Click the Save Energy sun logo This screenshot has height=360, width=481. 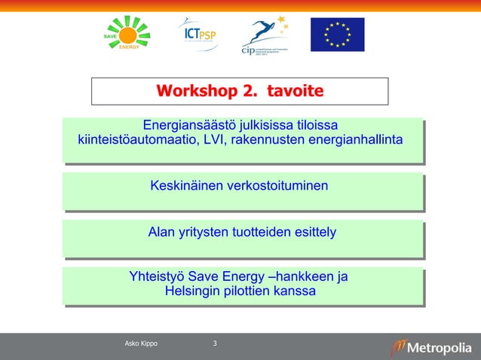pyautogui.click(x=127, y=33)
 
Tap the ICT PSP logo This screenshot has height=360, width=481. pyautogui.click(x=198, y=33)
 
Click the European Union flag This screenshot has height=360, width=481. pyautogui.click(x=337, y=35)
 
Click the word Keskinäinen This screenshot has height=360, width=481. pyautogui.click(x=182, y=185)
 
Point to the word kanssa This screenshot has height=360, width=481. pyautogui.click(x=295, y=291)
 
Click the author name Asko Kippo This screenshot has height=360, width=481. pyautogui.click(x=141, y=344)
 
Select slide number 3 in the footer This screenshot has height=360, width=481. pyautogui.click(x=215, y=344)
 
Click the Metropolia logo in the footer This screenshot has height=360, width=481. pyautogui.click(x=430, y=347)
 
